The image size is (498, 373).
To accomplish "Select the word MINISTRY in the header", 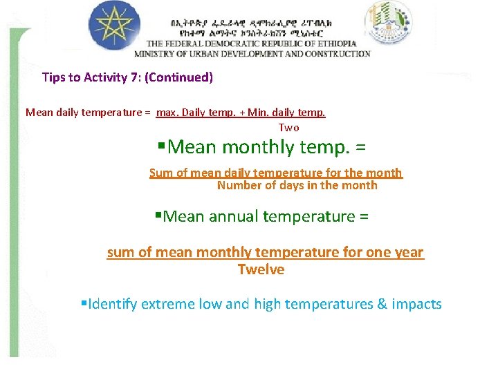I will tap(156, 53).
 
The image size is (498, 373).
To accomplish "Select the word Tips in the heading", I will tap(53, 77).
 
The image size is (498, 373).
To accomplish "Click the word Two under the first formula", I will tap(288, 128).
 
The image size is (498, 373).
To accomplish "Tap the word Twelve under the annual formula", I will tap(261, 269).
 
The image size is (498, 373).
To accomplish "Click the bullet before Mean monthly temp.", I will tap(161, 147).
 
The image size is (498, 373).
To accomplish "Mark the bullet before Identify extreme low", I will tap(84, 304).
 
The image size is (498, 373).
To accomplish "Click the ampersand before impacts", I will tap(382, 304).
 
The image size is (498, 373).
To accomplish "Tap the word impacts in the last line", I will tap(416, 304).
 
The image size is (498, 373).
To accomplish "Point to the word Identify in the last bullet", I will tap(113, 304).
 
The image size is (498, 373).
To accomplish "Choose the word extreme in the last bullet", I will tap(168, 304).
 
